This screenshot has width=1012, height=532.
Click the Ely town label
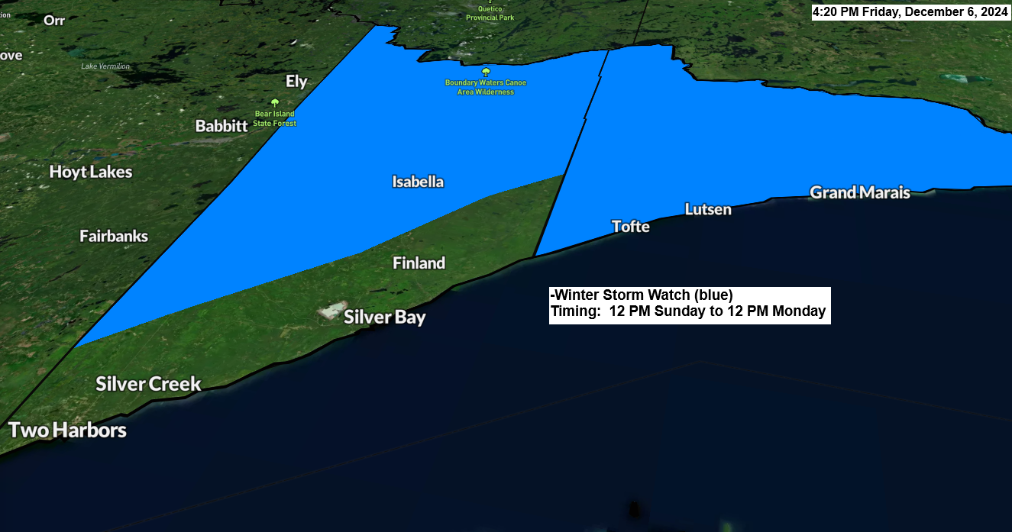click(296, 82)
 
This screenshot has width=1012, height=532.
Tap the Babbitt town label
click(221, 126)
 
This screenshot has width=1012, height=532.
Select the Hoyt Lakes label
click(91, 172)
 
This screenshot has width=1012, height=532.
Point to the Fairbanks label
click(114, 237)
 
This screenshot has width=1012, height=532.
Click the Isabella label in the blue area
click(418, 182)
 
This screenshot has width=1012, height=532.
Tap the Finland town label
click(419, 263)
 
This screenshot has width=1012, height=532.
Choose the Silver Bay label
click(384, 317)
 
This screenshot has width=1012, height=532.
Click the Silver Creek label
click(148, 383)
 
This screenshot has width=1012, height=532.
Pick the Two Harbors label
click(67, 430)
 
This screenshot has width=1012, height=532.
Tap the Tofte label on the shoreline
click(631, 227)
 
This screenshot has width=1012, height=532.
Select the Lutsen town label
click(708, 209)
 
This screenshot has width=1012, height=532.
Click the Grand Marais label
click(860, 192)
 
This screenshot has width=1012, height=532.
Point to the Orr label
click(54, 21)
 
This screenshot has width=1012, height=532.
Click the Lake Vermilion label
click(105, 66)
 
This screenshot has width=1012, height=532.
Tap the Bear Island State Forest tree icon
click(275, 103)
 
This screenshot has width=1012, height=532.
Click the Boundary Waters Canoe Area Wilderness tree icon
click(486, 72)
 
